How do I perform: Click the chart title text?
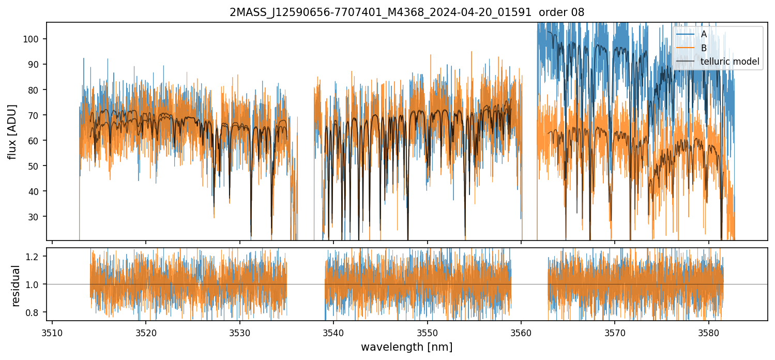point(407,12)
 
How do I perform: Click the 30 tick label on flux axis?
point(38,217)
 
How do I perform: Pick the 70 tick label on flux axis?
point(38,115)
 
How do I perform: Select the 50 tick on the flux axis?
point(38,166)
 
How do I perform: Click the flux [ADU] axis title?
point(12,131)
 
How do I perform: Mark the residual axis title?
point(16,286)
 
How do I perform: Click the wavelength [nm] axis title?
point(407,347)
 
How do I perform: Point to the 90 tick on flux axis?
point(38,65)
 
